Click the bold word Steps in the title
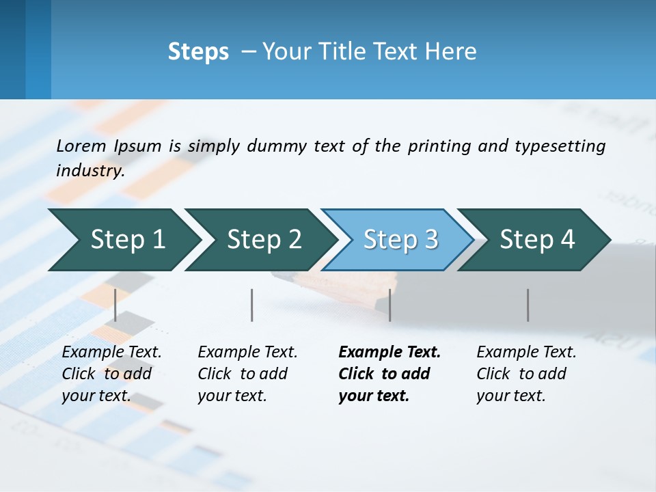pyautogui.click(x=198, y=52)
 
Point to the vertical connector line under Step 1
pyautogui.click(x=115, y=305)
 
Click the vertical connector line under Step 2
pyautogui.click(x=252, y=305)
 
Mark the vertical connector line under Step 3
pyautogui.click(x=389, y=305)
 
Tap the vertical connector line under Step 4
pyautogui.click(x=528, y=305)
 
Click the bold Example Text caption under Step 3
pyautogui.click(x=389, y=374)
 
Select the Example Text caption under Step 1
pyautogui.click(x=111, y=374)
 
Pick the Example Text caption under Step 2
pyautogui.click(x=247, y=374)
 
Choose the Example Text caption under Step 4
pyautogui.click(x=526, y=374)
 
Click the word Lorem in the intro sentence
pyautogui.click(x=81, y=146)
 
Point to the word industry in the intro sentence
pyautogui.click(x=90, y=171)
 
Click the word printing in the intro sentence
pyautogui.click(x=439, y=146)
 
